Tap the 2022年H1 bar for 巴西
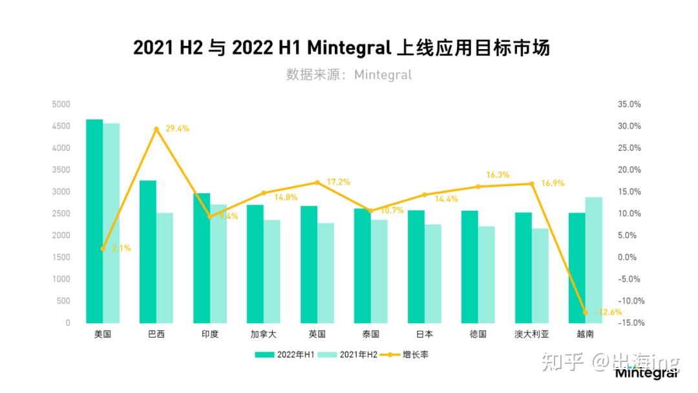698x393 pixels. (x=148, y=251)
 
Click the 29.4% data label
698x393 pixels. (x=177, y=129)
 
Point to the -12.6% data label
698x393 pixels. (x=608, y=312)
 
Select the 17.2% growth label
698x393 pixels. (x=338, y=182)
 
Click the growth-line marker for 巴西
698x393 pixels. (x=156, y=129)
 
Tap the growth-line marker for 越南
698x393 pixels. (x=586, y=312)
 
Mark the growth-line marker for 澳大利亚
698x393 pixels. (x=532, y=184)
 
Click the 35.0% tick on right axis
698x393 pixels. (x=629, y=104)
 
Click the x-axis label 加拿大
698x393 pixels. (x=264, y=334)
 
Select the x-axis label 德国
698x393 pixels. (x=478, y=334)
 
